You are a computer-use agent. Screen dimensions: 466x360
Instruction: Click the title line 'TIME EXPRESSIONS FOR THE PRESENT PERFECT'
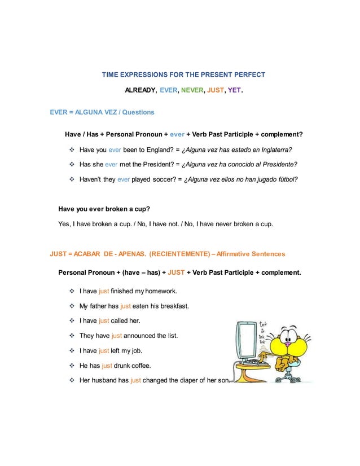[183, 74]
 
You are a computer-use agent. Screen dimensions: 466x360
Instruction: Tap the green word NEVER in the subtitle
[192, 90]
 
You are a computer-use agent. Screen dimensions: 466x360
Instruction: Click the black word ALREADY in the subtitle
[141, 90]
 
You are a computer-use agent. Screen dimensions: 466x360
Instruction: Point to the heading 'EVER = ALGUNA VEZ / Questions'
[102, 112]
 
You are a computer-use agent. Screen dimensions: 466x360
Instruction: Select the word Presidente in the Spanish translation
[278, 164]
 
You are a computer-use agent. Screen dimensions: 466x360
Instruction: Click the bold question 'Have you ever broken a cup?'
[104, 208]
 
